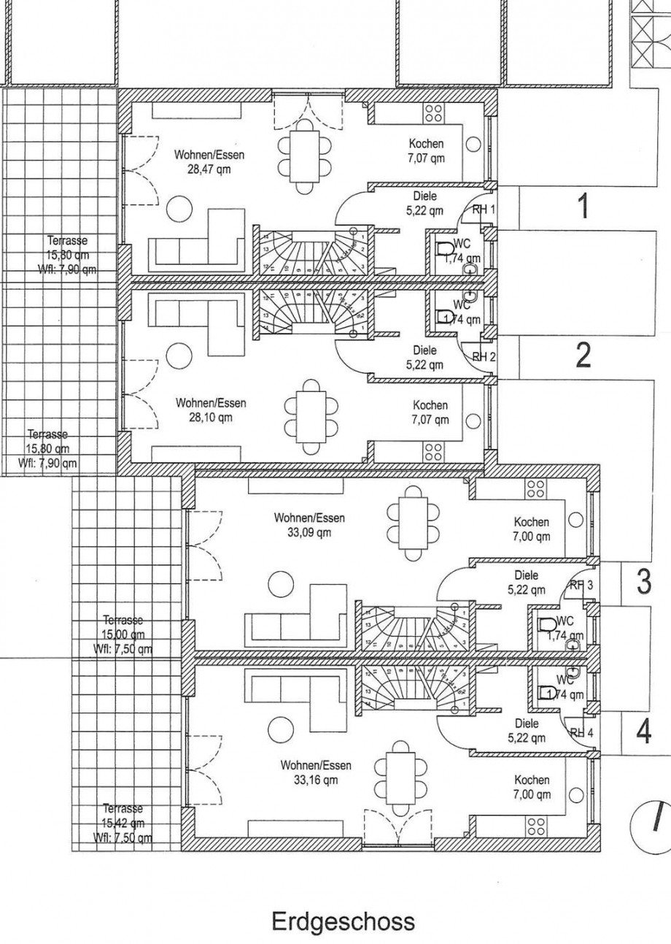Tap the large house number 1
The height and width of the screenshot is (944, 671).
[x=583, y=207]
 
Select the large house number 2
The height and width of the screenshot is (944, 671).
[x=583, y=356]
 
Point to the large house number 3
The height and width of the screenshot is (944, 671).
[x=643, y=582]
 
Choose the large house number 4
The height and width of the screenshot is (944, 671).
[x=643, y=731]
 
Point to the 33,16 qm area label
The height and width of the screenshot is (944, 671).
[x=315, y=780]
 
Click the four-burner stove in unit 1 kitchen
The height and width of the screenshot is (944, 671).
[x=433, y=113]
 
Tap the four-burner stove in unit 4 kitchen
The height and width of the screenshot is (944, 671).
[x=537, y=825]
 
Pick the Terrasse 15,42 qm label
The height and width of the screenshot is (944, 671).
[x=123, y=823]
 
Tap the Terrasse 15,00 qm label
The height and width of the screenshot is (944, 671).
[x=123, y=634]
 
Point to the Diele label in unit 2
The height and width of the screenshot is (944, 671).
[x=424, y=350]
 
